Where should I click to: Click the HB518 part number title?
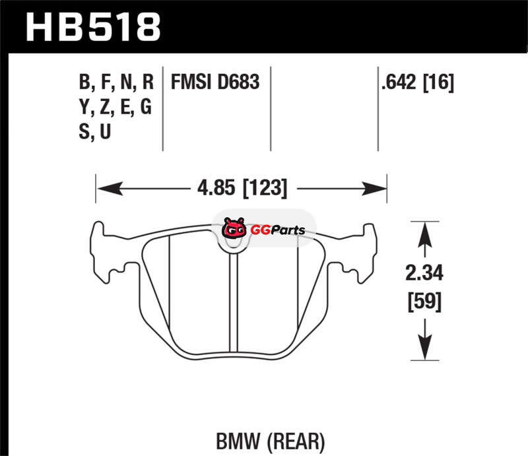93,27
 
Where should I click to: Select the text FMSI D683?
215,82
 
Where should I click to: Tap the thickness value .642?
399,82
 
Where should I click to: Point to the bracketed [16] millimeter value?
438,82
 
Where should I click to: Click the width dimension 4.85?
216,188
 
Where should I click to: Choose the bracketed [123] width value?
265,188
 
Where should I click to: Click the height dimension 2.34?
424,273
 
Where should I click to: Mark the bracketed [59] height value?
424,302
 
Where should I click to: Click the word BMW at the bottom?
238,441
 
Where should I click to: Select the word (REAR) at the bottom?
296,442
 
